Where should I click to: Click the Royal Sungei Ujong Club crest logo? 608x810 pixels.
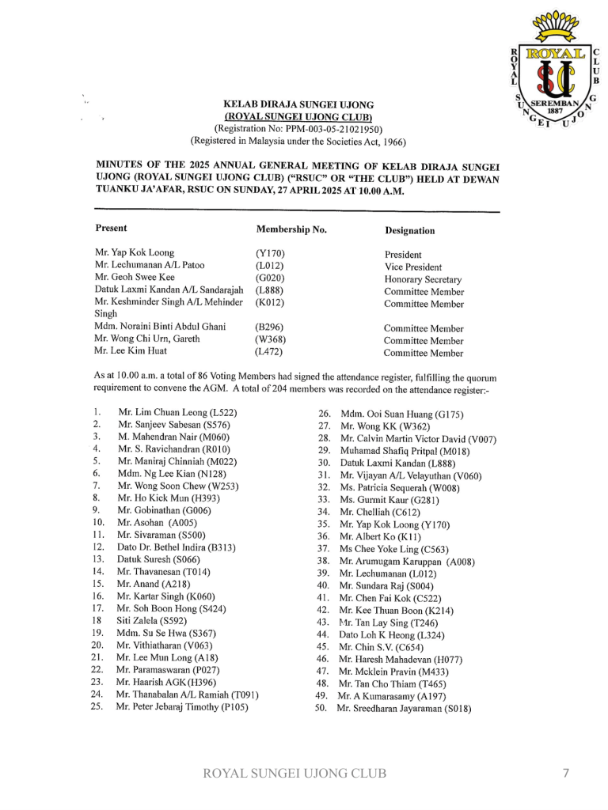(x=557, y=72)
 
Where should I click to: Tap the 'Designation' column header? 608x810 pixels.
(x=409, y=231)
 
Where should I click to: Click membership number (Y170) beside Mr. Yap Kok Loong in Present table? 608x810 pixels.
(x=270, y=254)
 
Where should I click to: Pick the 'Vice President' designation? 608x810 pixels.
(x=413, y=267)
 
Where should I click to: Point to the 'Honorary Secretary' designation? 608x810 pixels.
(x=423, y=279)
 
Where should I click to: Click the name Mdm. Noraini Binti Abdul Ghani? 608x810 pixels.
(x=160, y=326)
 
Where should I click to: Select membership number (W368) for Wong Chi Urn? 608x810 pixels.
(x=270, y=339)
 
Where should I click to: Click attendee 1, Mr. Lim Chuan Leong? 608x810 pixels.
(x=177, y=412)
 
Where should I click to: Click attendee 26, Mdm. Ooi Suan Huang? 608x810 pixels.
(x=401, y=414)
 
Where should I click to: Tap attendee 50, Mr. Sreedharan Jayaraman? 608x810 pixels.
(x=404, y=709)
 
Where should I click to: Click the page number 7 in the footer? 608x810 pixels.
(x=566, y=773)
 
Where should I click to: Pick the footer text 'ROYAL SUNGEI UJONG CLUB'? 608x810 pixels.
(x=295, y=773)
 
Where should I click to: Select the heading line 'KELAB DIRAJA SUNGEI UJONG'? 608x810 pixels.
(x=298, y=104)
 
